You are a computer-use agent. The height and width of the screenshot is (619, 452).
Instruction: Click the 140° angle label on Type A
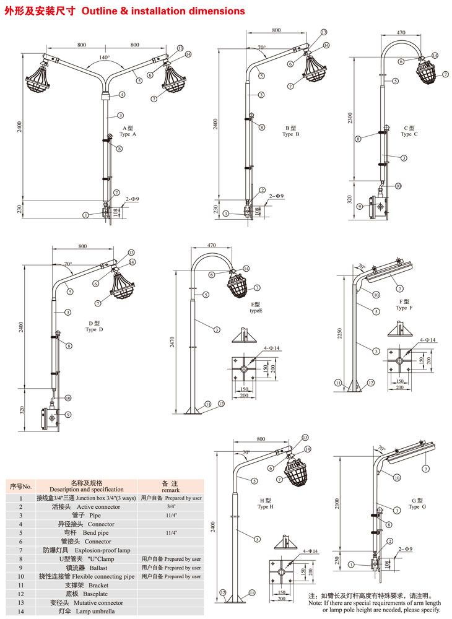coord(104,58)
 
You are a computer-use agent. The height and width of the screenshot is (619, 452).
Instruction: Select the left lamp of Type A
coord(42,80)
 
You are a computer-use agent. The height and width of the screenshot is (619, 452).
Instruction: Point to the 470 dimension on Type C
coord(401,33)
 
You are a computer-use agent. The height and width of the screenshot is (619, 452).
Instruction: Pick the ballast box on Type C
coord(376,206)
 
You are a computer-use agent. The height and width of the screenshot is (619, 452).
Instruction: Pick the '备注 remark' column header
coord(170,485)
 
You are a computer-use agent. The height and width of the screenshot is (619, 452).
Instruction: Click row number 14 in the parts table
coord(20,610)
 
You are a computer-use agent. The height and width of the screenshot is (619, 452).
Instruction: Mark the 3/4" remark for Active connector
coord(170,506)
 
